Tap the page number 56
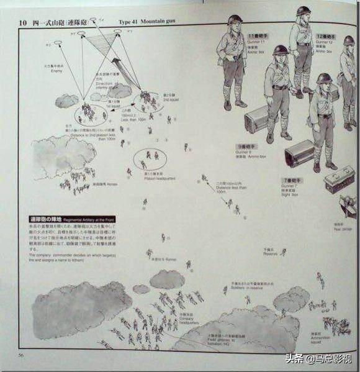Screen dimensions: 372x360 tap(21, 355)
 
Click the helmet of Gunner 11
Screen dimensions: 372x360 tap(233, 20)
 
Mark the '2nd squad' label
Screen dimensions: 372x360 tap(169, 98)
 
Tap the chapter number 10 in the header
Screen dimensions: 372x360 tap(22, 22)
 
